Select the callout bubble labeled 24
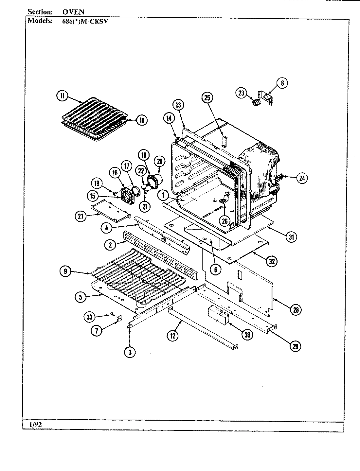click(x=302, y=178)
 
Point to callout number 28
click(x=296, y=310)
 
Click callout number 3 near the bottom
click(x=130, y=352)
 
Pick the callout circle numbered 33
click(x=90, y=316)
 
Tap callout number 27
click(x=80, y=216)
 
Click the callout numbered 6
click(x=216, y=269)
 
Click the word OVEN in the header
click(x=73, y=12)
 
